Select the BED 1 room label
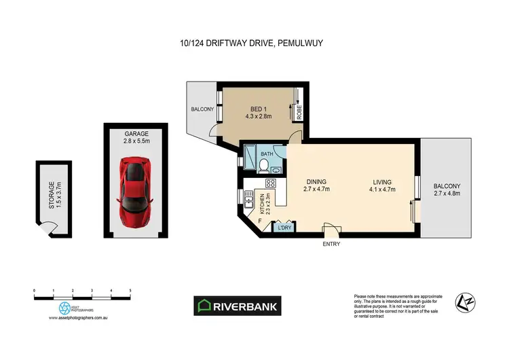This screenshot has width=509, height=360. tap(257, 110)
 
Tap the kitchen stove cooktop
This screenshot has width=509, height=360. tap(270, 183)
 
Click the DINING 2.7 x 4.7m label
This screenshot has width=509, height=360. tap(316, 185)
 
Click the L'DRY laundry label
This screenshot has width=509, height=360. tap(286, 229)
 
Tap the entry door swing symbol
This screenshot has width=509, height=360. tap(331, 229)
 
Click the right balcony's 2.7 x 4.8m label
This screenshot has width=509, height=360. tap(447, 194)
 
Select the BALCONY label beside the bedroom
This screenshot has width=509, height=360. tap(202, 109)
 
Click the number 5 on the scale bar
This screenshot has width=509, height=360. tap(130, 290)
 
